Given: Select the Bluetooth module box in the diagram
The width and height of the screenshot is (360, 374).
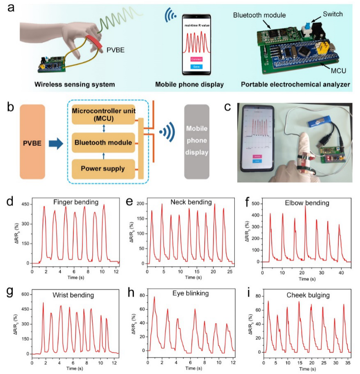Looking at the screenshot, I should pos(103,143).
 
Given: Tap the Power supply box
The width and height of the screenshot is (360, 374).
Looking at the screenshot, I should pos(103,169).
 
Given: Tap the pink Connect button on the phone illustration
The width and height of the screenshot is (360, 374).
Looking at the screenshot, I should pos(197,59).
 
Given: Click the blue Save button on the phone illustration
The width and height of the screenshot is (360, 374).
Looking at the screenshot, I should pos(197,67).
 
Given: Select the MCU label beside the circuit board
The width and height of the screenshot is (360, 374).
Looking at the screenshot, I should pos(338,71).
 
